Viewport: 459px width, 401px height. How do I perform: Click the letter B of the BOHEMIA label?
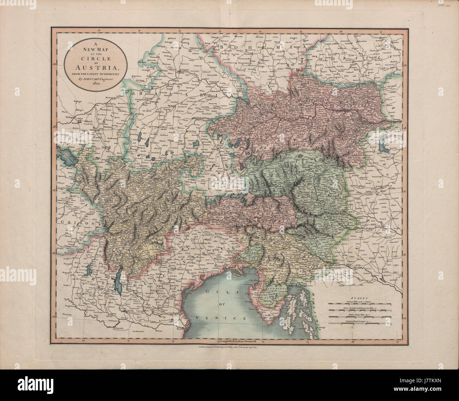(x=223, y=47)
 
